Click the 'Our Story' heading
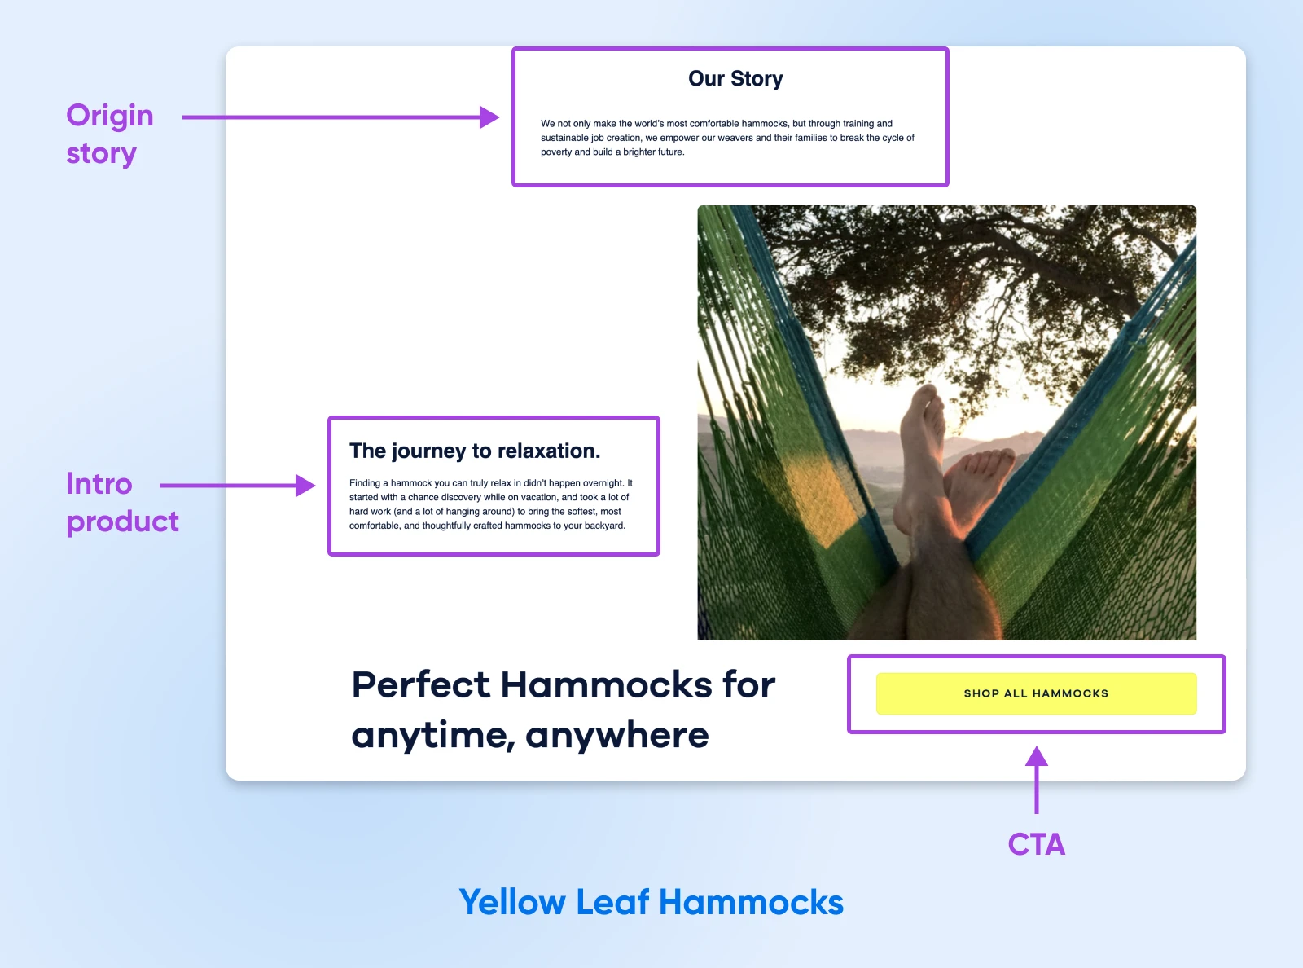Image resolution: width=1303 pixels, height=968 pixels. (735, 79)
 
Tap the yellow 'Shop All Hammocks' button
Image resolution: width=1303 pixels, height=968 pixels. (1036, 693)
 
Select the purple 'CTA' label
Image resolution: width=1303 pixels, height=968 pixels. (1036, 844)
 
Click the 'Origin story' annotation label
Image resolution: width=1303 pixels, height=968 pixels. (110, 134)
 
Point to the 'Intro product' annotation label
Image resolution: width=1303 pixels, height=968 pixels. (122, 502)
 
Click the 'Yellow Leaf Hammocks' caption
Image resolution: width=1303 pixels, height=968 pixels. (651, 901)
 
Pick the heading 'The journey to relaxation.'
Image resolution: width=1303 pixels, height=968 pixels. (475, 451)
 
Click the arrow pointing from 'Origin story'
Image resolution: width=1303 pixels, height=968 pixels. (340, 117)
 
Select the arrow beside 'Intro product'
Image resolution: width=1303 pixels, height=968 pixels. (238, 486)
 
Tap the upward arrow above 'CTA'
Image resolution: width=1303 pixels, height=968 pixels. (1036, 780)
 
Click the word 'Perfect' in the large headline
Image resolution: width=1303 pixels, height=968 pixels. (421, 684)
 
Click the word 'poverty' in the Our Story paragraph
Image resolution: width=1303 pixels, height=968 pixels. (556, 152)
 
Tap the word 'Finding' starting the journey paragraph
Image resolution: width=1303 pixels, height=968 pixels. (365, 483)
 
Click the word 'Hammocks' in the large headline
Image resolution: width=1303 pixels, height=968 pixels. (606, 684)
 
